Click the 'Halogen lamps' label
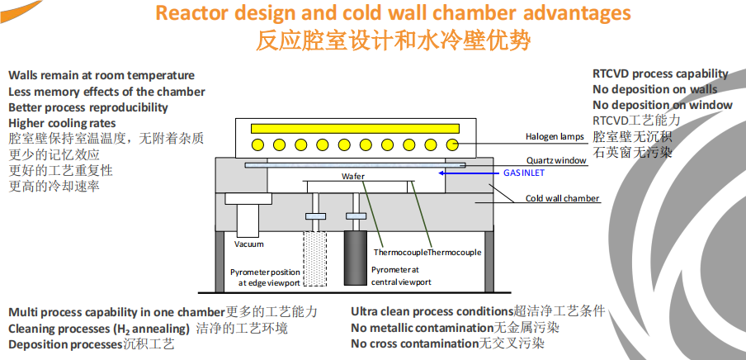555,136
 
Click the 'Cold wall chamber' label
563,199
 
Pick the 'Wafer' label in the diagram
352,177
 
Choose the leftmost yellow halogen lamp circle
258,144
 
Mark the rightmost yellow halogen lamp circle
452,144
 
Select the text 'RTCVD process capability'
660,73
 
